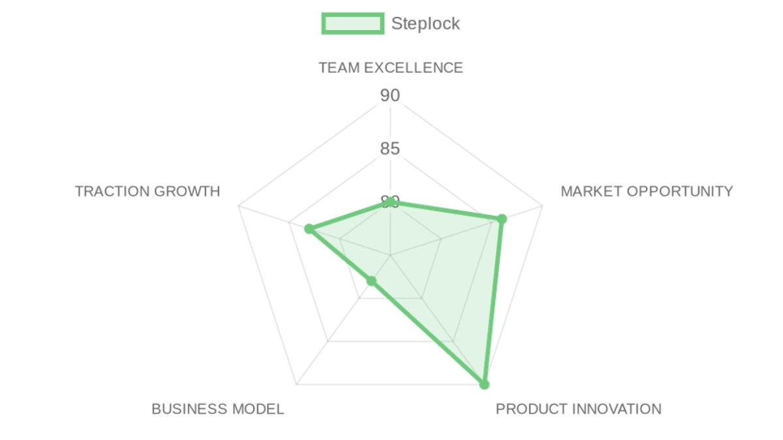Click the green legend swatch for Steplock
point(353,23)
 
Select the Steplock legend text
point(425,23)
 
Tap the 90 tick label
point(390,95)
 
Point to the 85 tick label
point(390,149)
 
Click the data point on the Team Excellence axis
point(390,202)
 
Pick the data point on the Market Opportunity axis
point(502,219)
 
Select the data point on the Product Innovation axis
point(484,384)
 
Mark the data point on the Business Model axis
point(371,281)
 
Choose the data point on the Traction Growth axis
point(309,229)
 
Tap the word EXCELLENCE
point(414,68)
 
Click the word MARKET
point(591,192)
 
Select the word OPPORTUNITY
point(680,192)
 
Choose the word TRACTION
point(112,192)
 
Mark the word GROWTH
point(187,192)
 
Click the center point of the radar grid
point(390,256)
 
